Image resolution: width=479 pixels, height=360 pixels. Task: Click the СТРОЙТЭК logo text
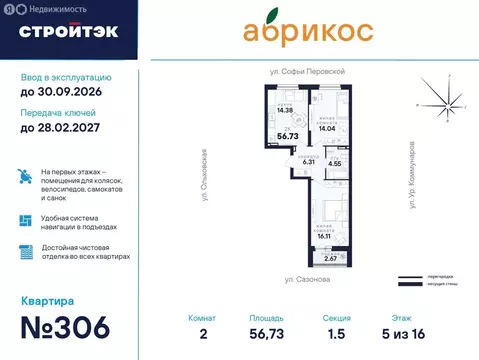[x=68, y=31]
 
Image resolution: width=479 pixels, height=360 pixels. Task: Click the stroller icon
[x=26, y=179]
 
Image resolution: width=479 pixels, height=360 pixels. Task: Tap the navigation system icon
[x=26, y=220]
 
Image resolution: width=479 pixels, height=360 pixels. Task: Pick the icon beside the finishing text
[x=26, y=252]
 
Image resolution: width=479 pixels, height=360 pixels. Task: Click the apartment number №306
[x=74, y=328]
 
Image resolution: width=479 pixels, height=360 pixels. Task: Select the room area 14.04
[x=329, y=129]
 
